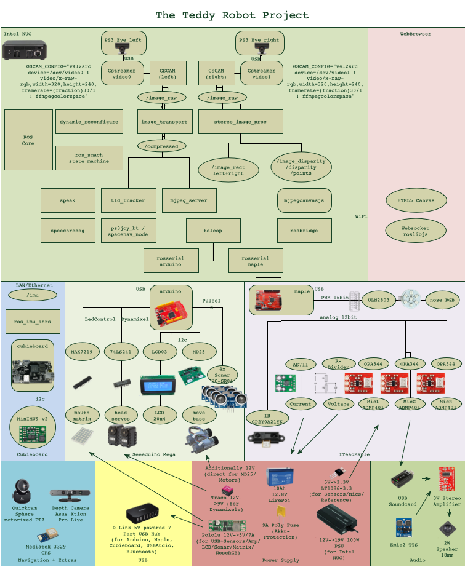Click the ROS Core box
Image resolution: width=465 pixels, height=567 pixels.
(x=28, y=140)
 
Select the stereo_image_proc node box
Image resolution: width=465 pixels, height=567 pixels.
(x=240, y=122)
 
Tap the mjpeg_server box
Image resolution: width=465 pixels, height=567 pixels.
(x=189, y=200)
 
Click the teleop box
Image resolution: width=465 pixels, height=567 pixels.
(x=213, y=231)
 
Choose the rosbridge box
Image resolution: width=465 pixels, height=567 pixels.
(x=304, y=231)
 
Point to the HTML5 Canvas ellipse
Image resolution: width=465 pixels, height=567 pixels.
(x=416, y=200)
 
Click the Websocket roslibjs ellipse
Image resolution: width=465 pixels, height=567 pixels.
(x=415, y=231)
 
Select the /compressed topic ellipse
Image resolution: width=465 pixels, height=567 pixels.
(x=161, y=146)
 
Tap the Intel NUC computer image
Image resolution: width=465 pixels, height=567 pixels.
(x=24, y=50)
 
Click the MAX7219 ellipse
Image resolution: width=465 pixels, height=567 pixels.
(x=82, y=352)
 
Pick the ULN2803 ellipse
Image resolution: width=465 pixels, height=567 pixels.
(x=378, y=299)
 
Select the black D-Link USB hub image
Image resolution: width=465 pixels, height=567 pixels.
(x=142, y=513)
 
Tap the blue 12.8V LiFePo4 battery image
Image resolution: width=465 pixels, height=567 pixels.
(x=280, y=477)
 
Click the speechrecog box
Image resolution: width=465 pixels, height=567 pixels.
(x=68, y=231)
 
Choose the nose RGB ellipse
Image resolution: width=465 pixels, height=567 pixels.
(x=442, y=299)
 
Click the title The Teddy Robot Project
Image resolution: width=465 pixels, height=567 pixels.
(x=232, y=15)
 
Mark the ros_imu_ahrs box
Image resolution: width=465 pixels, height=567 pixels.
(x=33, y=322)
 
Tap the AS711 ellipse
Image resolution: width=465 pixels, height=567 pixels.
(x=301, y=364)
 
